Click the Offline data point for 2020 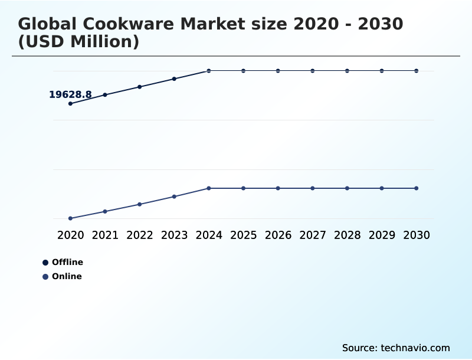coord(70,103)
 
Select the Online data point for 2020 coord(70,218)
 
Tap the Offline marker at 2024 coord(209,71)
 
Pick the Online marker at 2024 coord(209,188)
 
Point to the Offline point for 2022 coord(140,87)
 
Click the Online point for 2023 coord(174,197)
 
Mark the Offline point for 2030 coord(417,71)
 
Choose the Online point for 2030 coord(417,188)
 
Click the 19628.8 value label coord(70,94)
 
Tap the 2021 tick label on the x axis coord(105,235)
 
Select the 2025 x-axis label coord(243,235)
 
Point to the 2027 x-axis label coord(313,235)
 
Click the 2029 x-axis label coord(382,235)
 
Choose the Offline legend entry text coord(67,262)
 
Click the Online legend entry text coord(67,276)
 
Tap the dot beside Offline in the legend coord(45,263)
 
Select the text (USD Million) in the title coord(78,42)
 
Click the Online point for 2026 coord(278,188)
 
